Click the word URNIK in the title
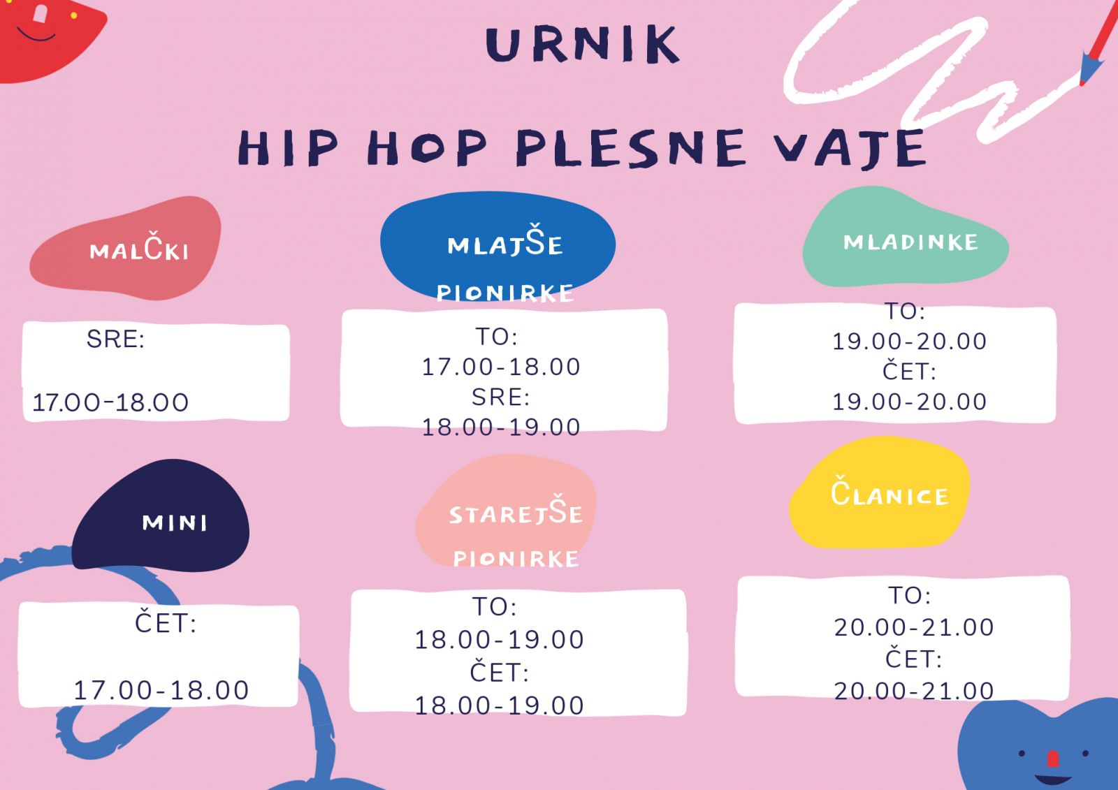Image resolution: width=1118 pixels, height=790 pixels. (583, 45)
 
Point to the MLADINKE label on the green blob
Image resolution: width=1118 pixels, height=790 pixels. (910, 242)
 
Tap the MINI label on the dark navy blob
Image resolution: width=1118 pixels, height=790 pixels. (174, 523)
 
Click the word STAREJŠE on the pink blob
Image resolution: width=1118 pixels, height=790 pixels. (516, 510)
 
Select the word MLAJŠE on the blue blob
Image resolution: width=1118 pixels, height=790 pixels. (505, 240)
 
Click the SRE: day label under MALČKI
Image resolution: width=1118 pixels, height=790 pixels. (115, 339)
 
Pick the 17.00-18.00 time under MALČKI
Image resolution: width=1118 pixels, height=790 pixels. (110, 402)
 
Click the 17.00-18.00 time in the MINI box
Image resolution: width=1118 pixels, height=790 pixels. (161, 690)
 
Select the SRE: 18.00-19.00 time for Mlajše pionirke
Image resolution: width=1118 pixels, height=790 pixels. (501, 427)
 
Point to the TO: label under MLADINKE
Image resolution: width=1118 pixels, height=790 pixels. (905, 312)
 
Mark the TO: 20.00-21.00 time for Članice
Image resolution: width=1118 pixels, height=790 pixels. (914, 627)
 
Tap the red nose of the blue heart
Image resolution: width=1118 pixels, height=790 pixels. (1053, 759)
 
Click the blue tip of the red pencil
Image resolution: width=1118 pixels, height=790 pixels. (1084, 70)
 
